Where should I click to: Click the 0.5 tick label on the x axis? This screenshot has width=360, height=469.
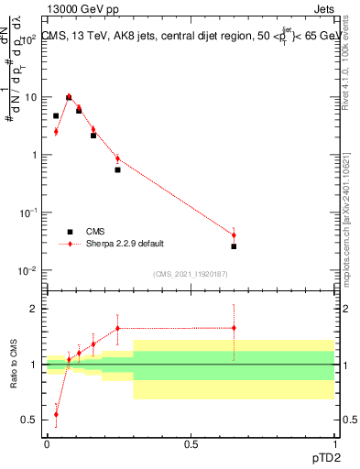pyautogui.click(x=191, y=444)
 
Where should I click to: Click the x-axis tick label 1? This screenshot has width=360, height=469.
pyautogui.click(x=334, y=444)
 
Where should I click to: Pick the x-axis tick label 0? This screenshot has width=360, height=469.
pyautogui.click(x=47, y=444)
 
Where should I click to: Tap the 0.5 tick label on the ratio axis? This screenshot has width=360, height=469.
pyautogui.click(x=32, y=420)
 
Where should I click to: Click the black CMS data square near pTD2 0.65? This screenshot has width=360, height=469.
pyautogui.click(x=234, y=246)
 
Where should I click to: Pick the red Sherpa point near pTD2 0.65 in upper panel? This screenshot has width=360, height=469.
pyautogui.click(x=234, y=235)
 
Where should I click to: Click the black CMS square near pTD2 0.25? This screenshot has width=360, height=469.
pyautogui.click(x=117, y=169)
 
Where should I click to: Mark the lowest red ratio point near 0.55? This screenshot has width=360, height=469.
pyautogui.click(x=56, y=414)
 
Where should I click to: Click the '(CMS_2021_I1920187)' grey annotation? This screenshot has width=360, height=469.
pyautogui.click(x=191, y=273)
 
